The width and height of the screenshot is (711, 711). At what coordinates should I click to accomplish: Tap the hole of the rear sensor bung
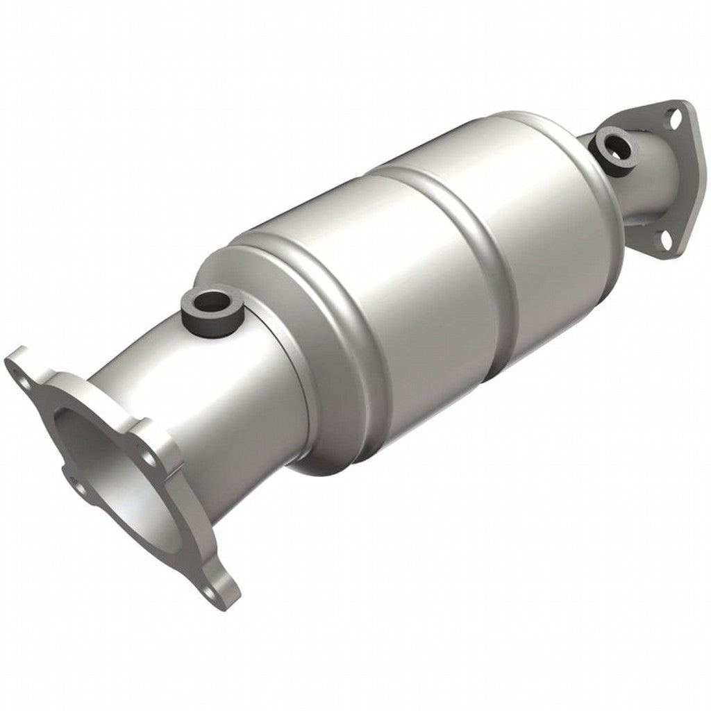click(x=614, y=147)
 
